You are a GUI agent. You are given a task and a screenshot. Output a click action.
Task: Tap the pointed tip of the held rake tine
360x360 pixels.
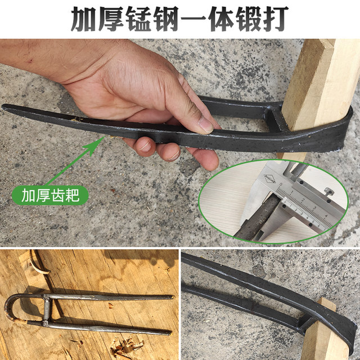pyautogui.click(x=6, y=106)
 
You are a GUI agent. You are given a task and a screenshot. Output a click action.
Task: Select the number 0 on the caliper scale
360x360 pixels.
pyautogui.click(x=281, y=184)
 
